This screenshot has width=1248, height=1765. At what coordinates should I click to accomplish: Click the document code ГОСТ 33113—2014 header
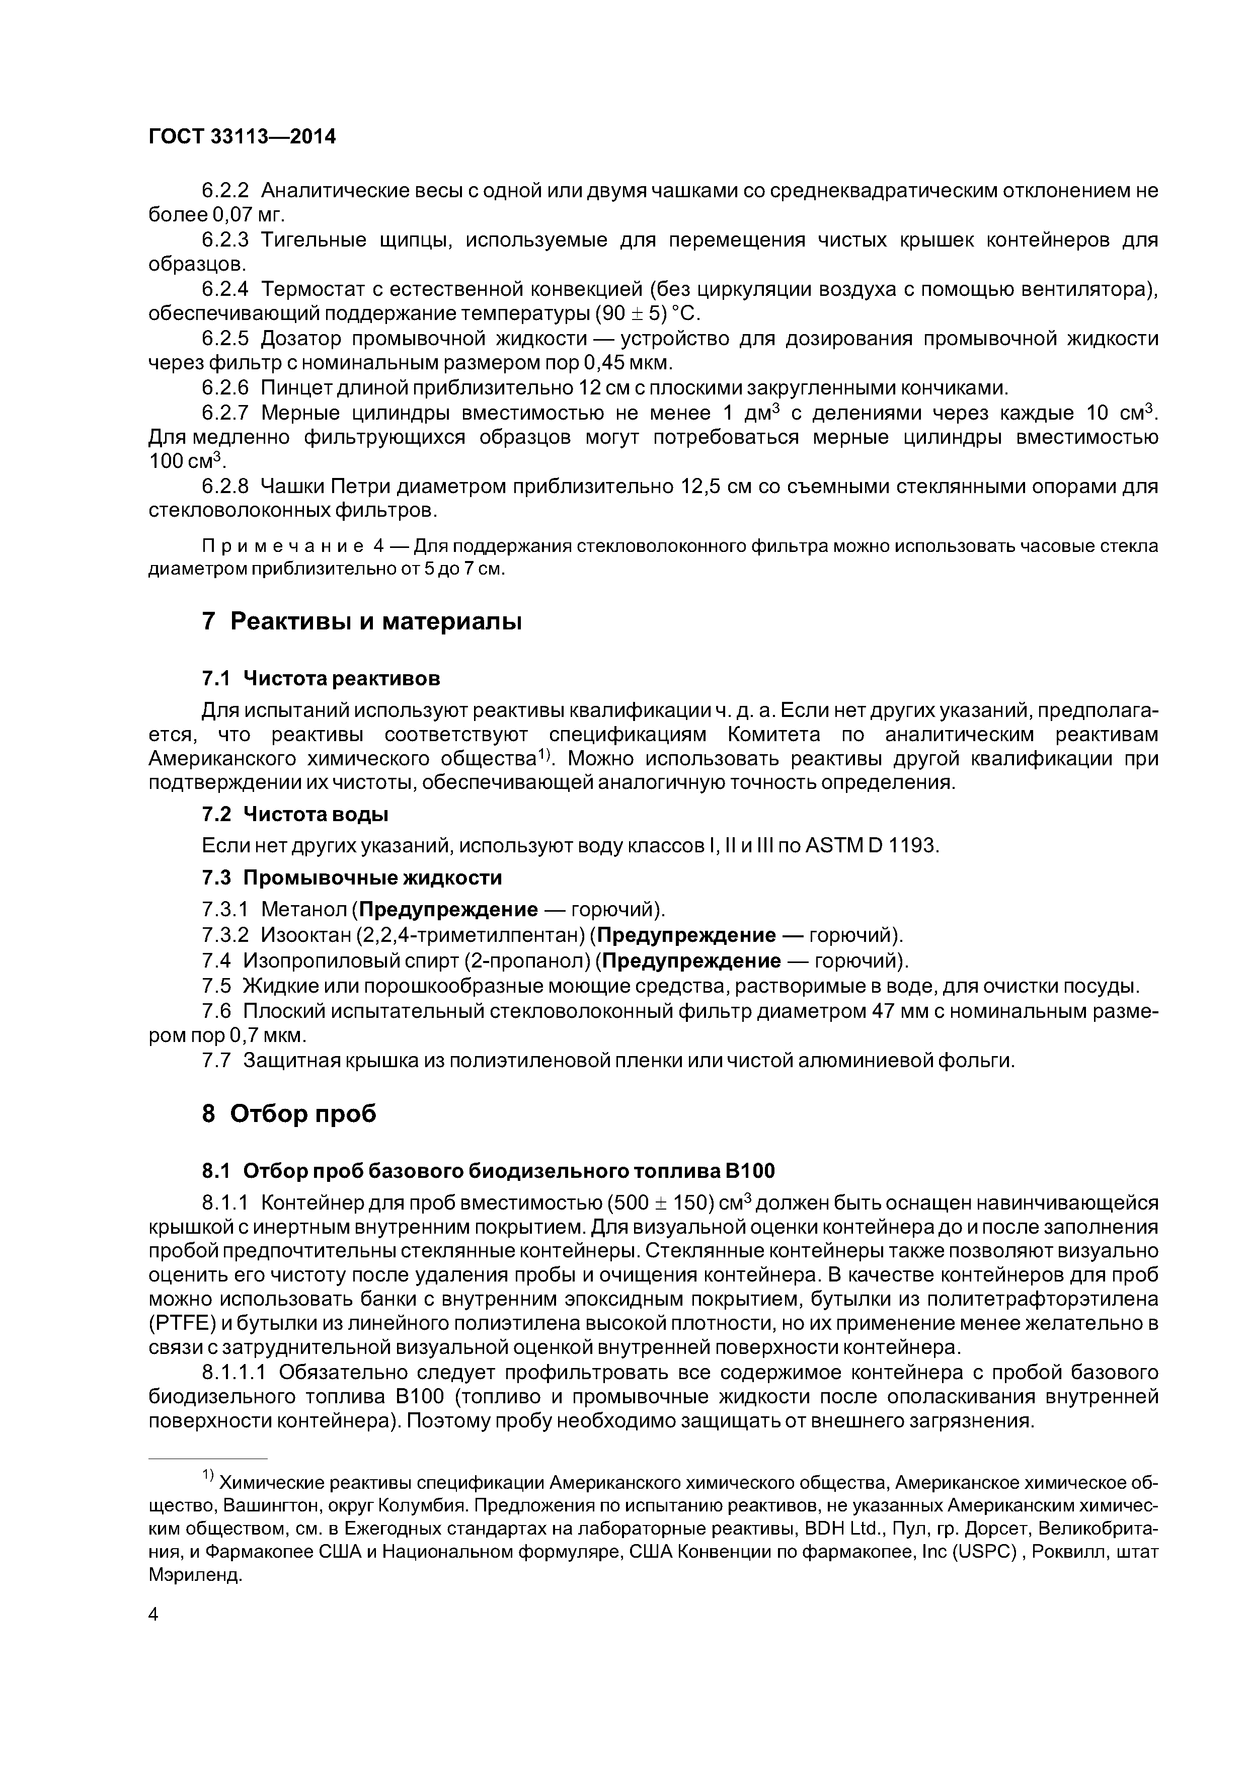click(x=242, y=137)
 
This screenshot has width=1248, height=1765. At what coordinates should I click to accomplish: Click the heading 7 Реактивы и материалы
click(x=361, y=621)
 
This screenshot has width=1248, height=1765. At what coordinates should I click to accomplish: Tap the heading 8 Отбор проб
click(x=289, y=1113)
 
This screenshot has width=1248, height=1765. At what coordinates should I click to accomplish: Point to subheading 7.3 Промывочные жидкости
click(x=351, y=877)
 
